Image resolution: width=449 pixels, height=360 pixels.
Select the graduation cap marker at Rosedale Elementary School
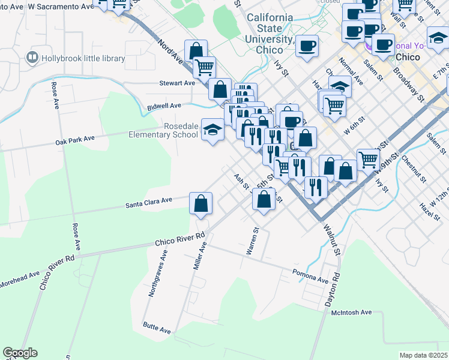coord(212,130)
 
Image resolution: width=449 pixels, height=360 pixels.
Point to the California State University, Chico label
coord(270,34)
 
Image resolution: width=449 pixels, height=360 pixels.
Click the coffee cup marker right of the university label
coord(307,46)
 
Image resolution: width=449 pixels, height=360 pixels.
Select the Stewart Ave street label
coord(177,83)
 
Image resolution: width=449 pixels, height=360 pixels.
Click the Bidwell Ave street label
coord(164,106)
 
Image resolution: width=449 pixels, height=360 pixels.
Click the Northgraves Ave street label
coord(158,274)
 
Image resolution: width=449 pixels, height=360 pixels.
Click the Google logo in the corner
coord(20,353)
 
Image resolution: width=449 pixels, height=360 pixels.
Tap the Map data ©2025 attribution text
coord(423,355)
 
